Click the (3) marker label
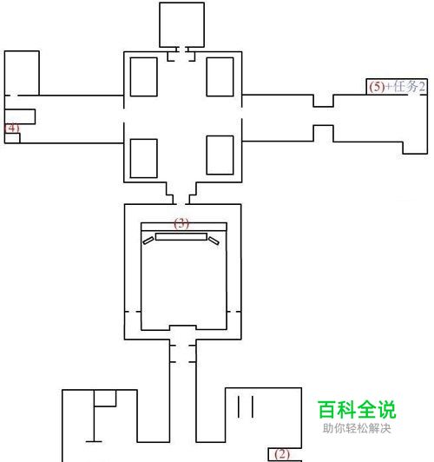coord(181,223)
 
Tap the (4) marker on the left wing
coord(12,129)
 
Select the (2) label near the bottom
coord(282,454)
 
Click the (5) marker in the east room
coord(378,87)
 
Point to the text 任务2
coord(410,87)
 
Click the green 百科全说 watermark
coord(357,409)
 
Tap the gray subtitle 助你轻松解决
coord(357,428)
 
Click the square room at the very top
coord(182,24)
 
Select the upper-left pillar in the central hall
coord(144,77)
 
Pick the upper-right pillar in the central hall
coord(220,77)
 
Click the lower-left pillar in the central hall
coord(144,159)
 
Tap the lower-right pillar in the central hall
coord(220,155)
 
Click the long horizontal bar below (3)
coord(181,236)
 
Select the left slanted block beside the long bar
coord(148,241)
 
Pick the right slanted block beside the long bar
coord(214,241)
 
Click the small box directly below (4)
coord(12,138)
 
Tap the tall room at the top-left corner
coord(22,73)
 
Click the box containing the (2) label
coord(285,455)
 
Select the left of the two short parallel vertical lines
coord(239,406)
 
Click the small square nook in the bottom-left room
coord(105,399)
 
